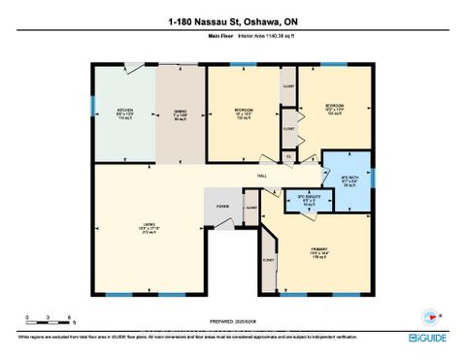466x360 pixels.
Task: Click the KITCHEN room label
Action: coord(124,110)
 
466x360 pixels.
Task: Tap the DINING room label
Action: coord(180,110)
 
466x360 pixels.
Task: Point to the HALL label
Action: coord(261,175)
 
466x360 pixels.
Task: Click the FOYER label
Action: coord(222,206)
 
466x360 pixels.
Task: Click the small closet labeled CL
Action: coord(288,156)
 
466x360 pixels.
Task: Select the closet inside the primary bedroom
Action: coord(269,258)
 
